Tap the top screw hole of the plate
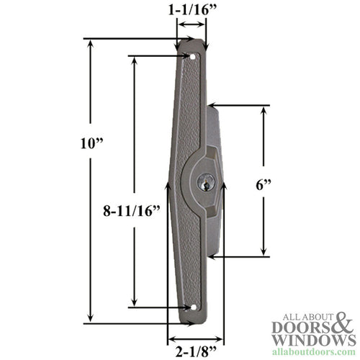pos(193,55)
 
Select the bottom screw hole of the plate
pos(193,307)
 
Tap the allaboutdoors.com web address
pos(315,351)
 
